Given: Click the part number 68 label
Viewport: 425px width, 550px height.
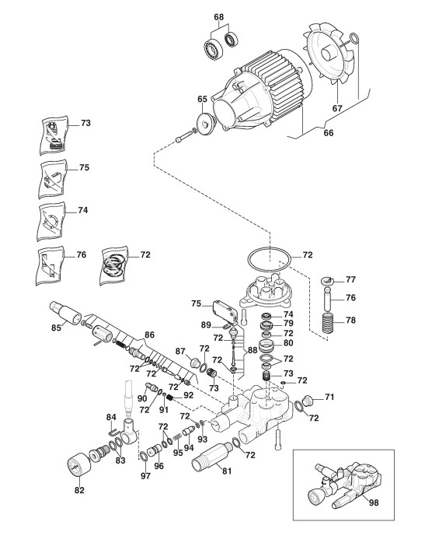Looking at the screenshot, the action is coord(218,17).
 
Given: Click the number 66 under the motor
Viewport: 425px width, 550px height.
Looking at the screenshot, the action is coord(329,133).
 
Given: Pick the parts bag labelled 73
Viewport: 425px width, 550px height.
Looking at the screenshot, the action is coord(54,135).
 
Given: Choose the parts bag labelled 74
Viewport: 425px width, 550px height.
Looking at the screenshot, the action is coord(52,221).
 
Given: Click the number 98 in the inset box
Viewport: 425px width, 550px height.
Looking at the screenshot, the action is coord(374,503).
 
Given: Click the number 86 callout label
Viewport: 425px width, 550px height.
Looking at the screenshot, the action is coord(149,335).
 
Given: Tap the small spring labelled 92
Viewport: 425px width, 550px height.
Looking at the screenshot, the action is coord(170,398).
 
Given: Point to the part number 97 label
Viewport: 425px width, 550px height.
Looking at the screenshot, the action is coord(145,475).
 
